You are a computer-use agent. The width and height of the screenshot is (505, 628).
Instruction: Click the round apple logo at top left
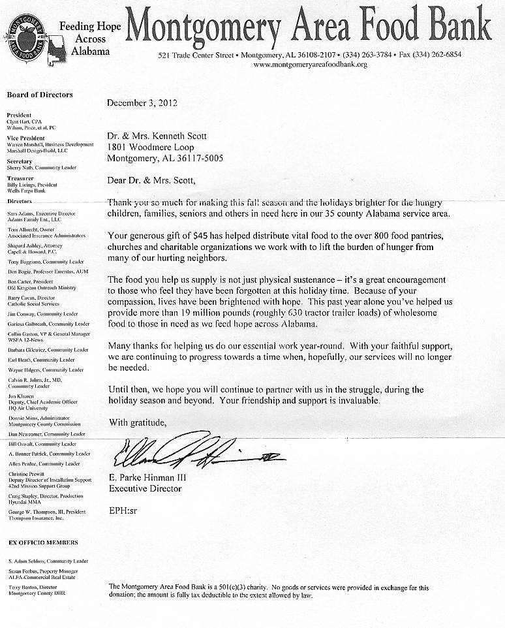point(27,37)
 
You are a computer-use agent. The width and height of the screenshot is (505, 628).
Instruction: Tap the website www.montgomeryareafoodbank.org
point(310,65)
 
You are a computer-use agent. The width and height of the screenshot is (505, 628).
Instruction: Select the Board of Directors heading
point(40,95)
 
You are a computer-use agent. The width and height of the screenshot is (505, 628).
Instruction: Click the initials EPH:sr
point(123,509)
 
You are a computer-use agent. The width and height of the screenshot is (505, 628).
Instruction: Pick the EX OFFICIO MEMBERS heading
point(43,542)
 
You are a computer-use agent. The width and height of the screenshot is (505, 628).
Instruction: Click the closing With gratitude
point(137,422)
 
